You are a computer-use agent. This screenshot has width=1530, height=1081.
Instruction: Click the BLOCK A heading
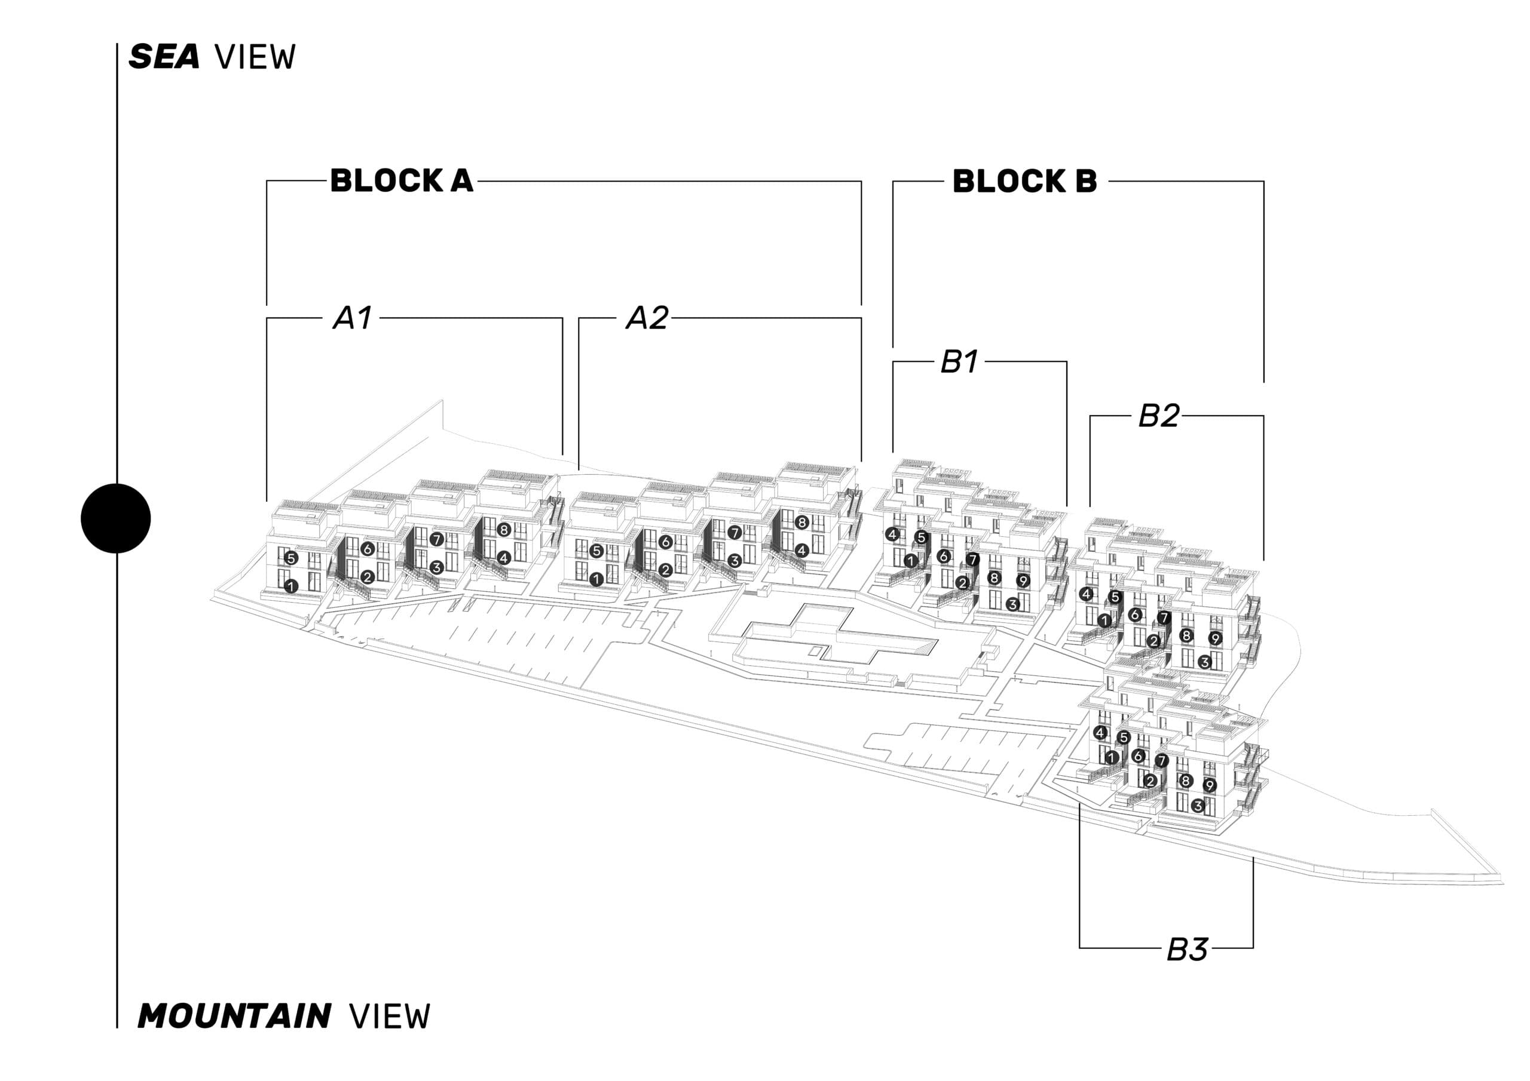401,180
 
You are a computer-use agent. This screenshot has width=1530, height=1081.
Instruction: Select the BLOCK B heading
1024,181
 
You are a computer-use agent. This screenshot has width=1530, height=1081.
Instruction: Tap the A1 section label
353,318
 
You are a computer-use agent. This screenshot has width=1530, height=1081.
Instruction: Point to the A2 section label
647,318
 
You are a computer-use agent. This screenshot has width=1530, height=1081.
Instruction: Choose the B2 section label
1158,416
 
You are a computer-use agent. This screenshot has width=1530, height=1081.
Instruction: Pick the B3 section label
1187,950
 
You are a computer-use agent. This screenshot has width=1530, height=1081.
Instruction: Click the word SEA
164,57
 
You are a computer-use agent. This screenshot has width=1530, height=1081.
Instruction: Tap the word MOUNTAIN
234,1016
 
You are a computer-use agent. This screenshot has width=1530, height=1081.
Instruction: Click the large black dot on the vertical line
116,518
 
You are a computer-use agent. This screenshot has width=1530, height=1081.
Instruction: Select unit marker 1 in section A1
290,586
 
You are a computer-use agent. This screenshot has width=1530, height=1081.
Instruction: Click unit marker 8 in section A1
504,530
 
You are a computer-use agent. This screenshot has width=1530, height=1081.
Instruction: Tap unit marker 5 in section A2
596,551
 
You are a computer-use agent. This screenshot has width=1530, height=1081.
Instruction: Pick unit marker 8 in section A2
801,523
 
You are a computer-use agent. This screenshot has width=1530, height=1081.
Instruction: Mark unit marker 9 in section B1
1023,581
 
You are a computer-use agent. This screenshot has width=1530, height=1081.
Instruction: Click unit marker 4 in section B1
892,533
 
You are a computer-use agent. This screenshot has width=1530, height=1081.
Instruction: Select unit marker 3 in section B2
1204,662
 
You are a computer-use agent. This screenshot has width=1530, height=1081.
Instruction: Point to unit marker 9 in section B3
1210,785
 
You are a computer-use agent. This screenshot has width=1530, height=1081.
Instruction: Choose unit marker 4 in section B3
1100,733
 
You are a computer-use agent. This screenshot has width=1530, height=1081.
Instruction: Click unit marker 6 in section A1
367,549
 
